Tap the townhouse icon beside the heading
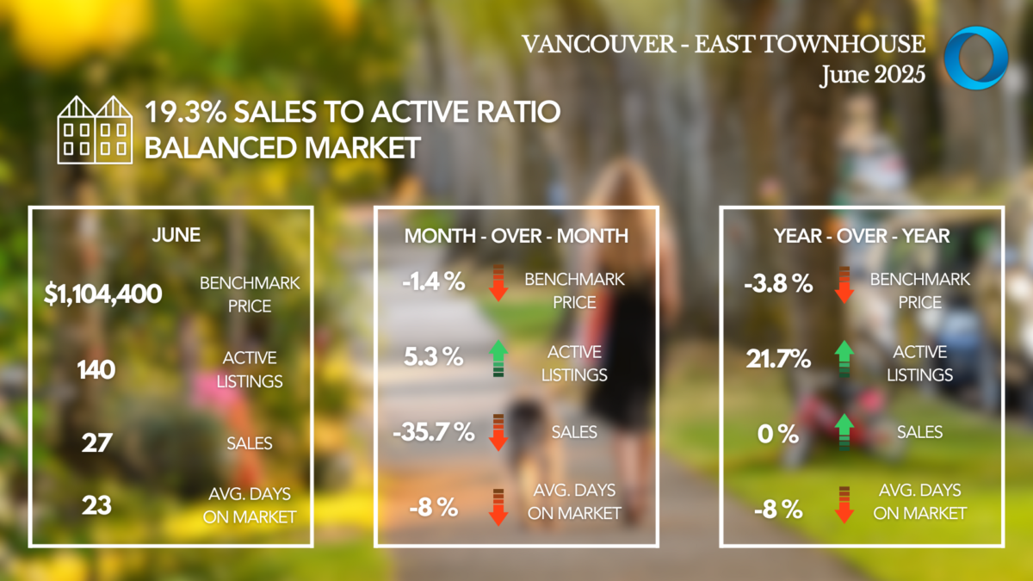[95, 130]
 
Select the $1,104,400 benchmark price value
[103, 294]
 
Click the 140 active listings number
[96, 370]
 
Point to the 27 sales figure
[96, 443]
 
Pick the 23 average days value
[96, 504]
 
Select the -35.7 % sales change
[433, 431]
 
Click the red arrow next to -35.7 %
[498, 431]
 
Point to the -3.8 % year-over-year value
[778, 283]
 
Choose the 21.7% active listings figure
[778, 360]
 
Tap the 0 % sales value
[777, 433]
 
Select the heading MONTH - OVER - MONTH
[516, 236]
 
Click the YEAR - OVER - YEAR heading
[862, 236]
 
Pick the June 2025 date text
[872, 74]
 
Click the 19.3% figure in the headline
[182, 112]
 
